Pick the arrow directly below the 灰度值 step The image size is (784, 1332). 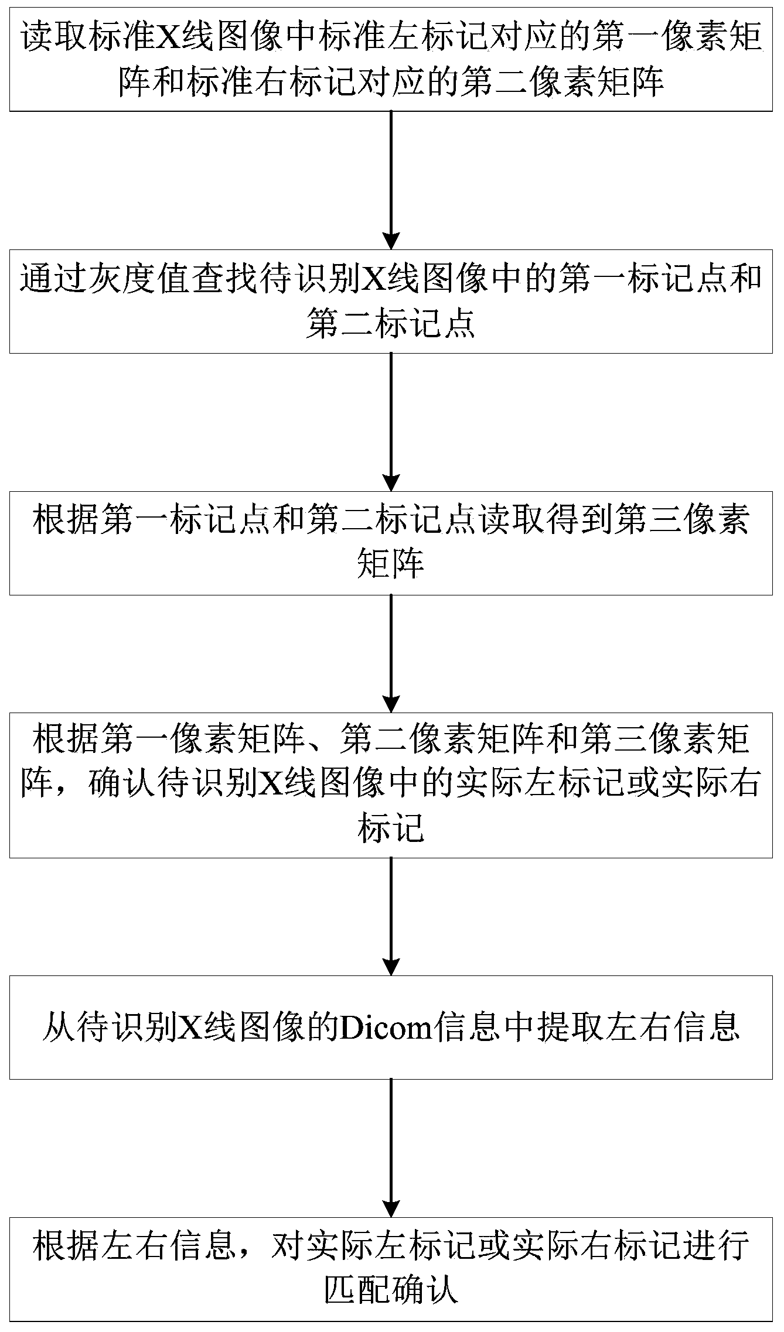coord(391,422)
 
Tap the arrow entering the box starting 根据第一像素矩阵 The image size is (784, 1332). coord(391,653)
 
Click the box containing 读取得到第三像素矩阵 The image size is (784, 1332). coord(391,543)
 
